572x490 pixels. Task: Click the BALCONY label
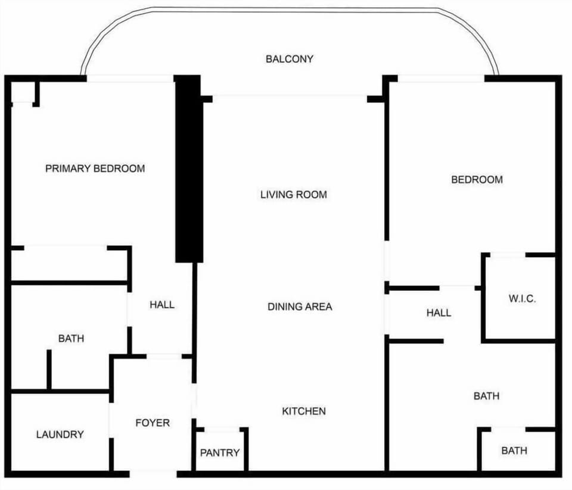[290, 59]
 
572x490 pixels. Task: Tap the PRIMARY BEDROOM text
[95, 168]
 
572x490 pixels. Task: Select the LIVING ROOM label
[294, 195]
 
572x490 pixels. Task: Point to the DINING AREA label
[300, 307]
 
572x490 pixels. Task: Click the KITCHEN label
[304, 411]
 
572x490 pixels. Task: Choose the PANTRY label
[220, 453]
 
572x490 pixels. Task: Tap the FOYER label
[153, 423]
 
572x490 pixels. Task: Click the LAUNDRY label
[60, 435]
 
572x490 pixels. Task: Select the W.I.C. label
[522, 299]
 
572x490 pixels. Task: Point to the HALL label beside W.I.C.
[439, 313]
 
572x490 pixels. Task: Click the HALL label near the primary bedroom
[162, 305]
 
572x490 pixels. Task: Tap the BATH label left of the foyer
[71, 339]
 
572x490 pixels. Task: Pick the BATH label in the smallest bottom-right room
[514, 451]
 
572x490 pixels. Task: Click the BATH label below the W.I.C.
[486, 396]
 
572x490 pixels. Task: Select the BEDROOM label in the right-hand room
[477, 180]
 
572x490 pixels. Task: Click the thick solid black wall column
[189, 169]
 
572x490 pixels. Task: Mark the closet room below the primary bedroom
[69, 266]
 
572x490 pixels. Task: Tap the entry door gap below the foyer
[153, 474]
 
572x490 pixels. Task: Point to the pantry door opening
[222, 430]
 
